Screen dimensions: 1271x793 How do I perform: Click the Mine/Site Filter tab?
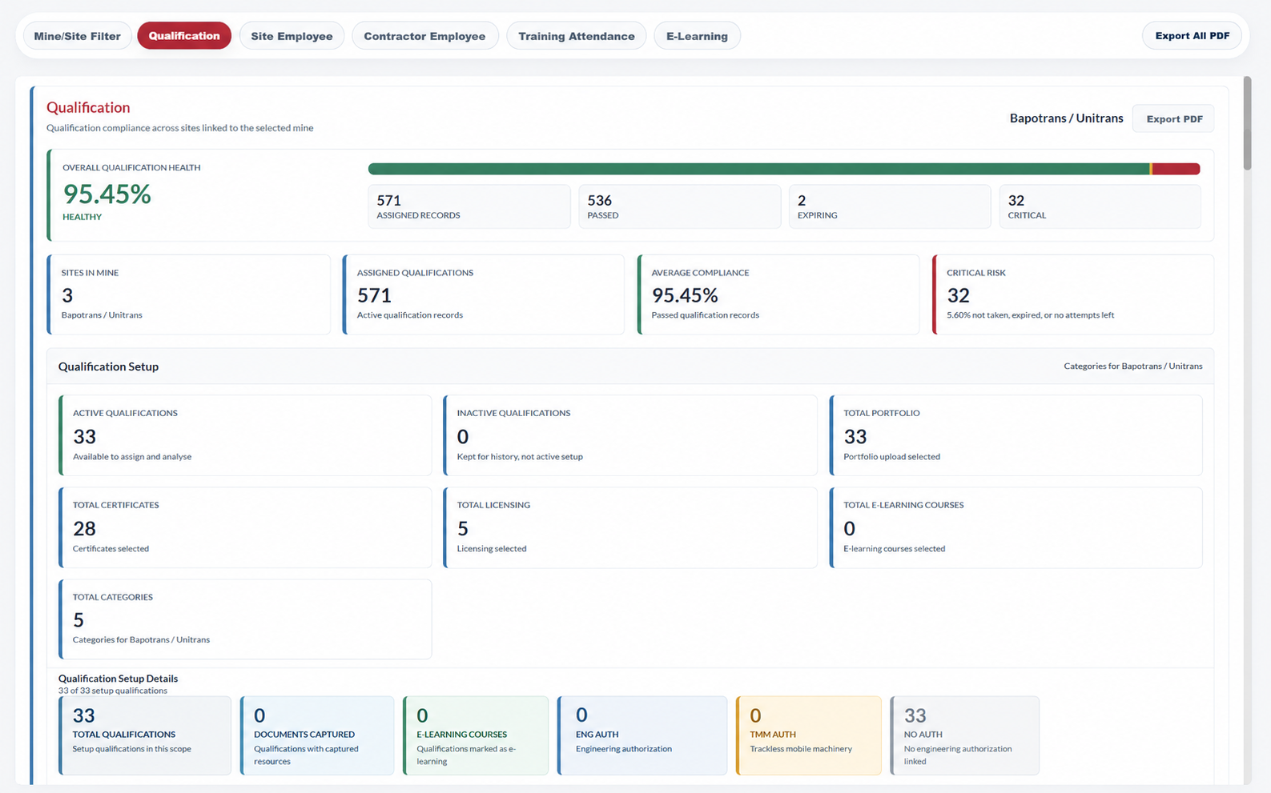(x=77, y=36)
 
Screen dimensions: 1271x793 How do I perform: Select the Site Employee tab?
(x=292, y=36)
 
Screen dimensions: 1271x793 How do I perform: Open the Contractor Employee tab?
(x=425, y=36)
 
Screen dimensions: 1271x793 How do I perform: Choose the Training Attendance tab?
(x=577, y=36)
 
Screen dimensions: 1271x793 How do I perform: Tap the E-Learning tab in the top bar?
(x=697, y=36)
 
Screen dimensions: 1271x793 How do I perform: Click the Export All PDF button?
(x=1193, y=36)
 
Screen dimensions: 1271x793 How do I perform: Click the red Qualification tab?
(x=184, y=36)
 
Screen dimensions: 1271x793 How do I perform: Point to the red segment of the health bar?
(x=1176, y=168)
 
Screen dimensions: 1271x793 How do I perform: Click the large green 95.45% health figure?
(x=107, y=194)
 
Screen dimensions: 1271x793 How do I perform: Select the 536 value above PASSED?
(x=599, y=200)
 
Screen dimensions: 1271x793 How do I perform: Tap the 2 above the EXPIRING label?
(x=802, y=200)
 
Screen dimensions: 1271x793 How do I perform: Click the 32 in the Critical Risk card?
(x=959, y=295)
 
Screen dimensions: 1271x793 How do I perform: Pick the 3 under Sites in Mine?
(x=67, y=295)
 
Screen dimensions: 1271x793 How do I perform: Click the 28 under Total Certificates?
(x=84, y=528)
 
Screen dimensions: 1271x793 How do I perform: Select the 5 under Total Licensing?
(x=462, y=528)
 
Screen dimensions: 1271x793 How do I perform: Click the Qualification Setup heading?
(x=108, y=366)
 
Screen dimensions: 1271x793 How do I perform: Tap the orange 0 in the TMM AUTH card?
(x=755, y=715)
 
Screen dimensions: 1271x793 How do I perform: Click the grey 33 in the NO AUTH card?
(x=915, y=715)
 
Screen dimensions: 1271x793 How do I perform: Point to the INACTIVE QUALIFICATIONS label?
(x=513, y=413)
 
